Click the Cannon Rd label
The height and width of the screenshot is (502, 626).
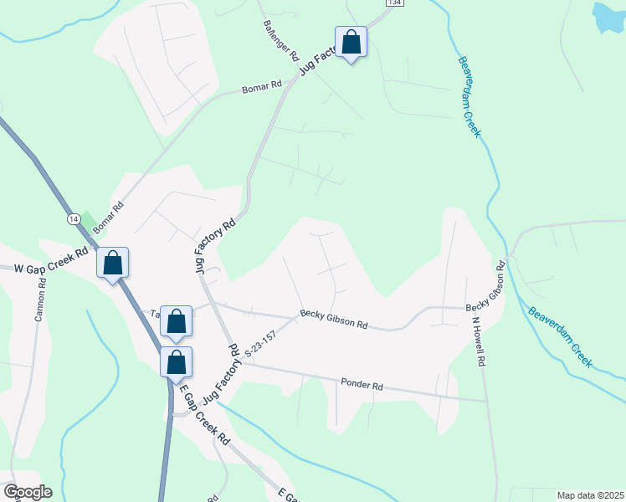[39, 300]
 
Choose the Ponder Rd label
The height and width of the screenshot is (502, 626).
[362, 386]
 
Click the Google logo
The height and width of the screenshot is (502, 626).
[27, 492]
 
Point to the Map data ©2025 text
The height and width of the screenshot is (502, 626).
[590, 495]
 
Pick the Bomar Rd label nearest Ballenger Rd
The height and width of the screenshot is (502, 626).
[262, 87]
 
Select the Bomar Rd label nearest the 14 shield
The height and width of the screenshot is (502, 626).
[107, 216]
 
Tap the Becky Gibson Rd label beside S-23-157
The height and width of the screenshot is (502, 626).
[334, 321]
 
